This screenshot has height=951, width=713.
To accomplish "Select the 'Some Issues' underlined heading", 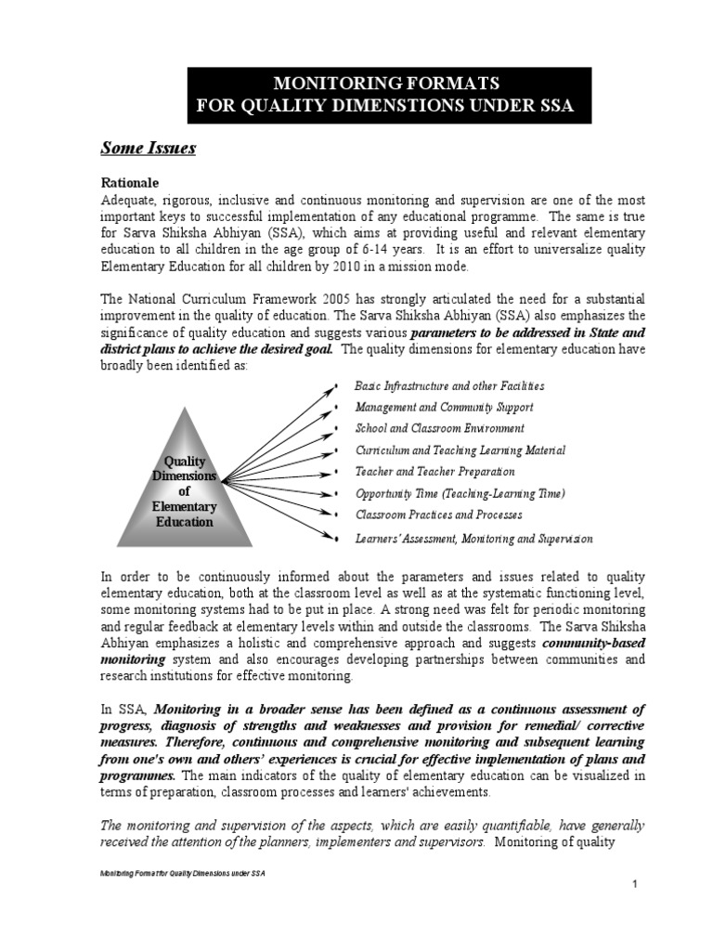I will click(x=148, y=149).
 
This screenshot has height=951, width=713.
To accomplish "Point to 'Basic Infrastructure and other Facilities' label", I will click(x=449, y=385).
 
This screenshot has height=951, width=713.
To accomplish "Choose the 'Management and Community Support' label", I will click(x=444, y=407).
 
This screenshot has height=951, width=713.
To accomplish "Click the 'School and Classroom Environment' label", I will click(x=439, y=428).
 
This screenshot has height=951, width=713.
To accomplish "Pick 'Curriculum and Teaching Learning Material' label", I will click(x=460, y=450).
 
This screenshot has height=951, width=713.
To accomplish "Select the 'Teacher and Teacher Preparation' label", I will click(x=434, y=472).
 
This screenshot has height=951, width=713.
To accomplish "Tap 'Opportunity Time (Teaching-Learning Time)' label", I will click(x=460, y=493).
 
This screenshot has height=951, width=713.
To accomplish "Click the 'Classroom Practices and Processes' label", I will click(x=438, y=515).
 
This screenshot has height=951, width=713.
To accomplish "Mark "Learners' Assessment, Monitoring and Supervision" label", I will click(x=473, y=539).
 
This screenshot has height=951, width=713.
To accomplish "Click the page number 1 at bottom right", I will click(x=634, y=884).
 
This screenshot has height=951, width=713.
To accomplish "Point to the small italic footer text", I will click(x=182, y=875).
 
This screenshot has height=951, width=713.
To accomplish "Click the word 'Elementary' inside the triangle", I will click(x=184, y=507).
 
